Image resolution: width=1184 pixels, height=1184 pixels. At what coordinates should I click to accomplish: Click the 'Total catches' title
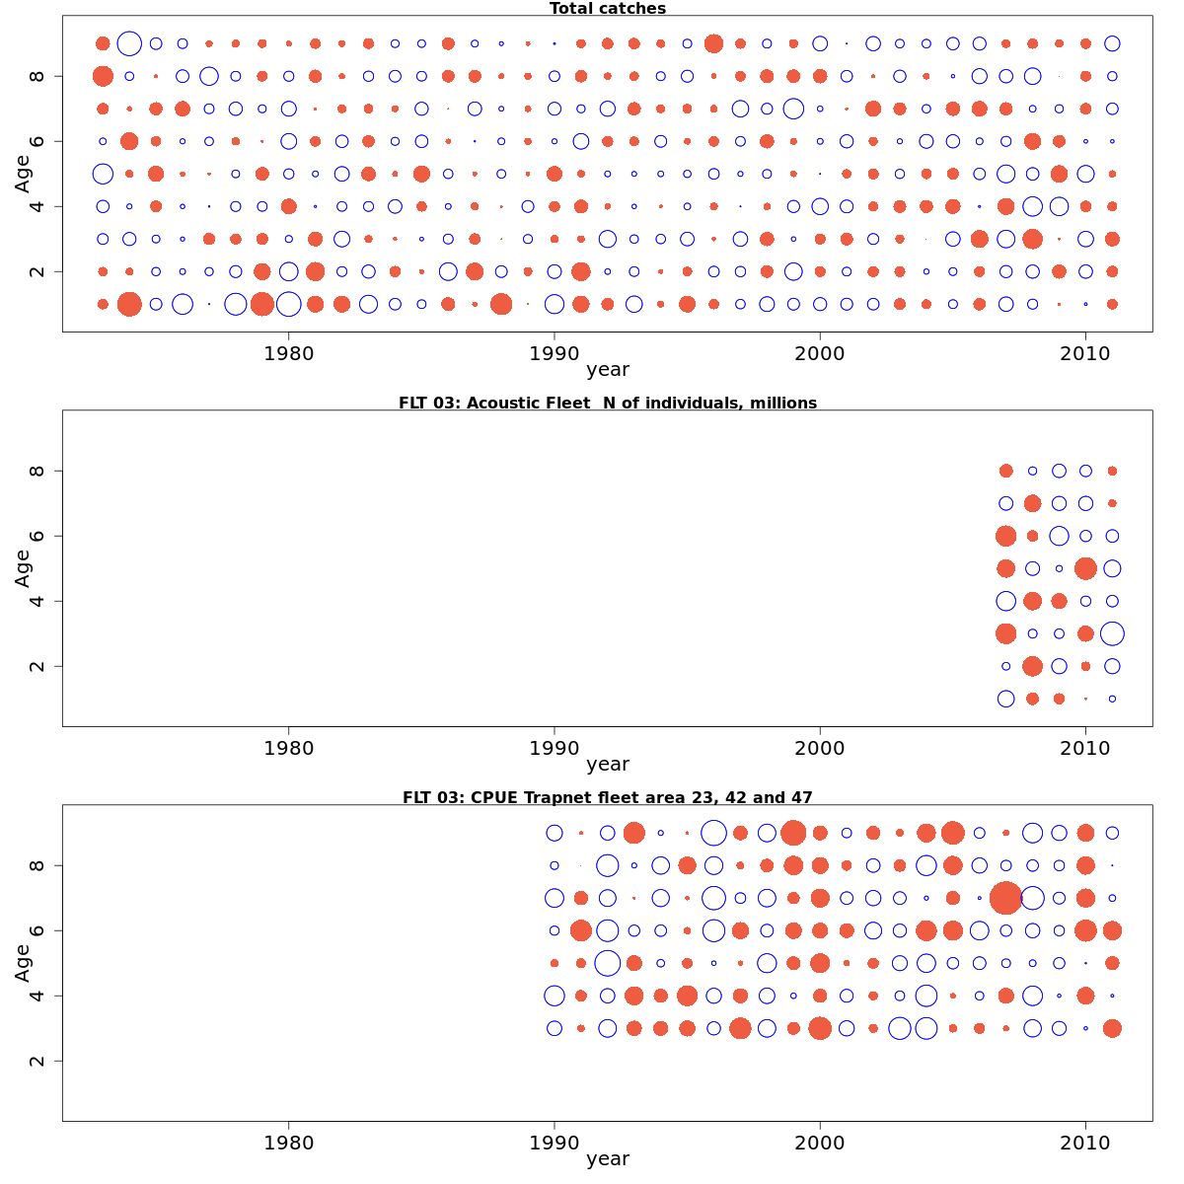(608, 9)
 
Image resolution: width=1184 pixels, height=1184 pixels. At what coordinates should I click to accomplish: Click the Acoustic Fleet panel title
(608, 403)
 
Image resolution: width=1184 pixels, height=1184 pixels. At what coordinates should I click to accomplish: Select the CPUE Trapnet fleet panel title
(608, 797)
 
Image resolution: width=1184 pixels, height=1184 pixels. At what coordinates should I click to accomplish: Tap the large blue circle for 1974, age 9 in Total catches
(129, 43)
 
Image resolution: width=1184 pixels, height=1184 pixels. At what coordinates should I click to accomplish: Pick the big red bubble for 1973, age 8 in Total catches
(103, 76)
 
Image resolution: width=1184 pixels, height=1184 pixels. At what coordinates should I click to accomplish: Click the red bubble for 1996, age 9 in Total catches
(714, 43)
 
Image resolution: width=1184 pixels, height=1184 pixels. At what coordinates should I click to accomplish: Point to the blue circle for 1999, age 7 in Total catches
(793, 109)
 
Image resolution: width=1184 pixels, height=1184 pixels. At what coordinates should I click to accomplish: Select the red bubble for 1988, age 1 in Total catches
(501, 304)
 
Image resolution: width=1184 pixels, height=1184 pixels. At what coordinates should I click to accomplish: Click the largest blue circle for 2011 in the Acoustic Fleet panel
(1112, 633)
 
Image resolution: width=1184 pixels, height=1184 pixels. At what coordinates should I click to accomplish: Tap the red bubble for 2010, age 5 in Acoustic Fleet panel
(1085, 568)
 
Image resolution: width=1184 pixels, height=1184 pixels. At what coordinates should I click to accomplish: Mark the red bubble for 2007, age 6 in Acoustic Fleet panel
(1005, 536)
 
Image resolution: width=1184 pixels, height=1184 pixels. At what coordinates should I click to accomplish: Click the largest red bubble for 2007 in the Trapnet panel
(1005, 898)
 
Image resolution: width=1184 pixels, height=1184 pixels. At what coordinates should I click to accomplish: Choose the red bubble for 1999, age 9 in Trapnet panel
(793, 833)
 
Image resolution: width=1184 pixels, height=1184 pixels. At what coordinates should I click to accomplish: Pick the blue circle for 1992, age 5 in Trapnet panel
(608, 963)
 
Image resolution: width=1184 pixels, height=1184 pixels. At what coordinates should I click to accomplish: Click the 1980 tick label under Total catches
(288, 353)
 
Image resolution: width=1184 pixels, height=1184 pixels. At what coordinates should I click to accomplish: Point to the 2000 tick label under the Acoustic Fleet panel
(820, 748)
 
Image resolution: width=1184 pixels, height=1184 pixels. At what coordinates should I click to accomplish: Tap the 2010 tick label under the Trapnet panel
(1085, 1143)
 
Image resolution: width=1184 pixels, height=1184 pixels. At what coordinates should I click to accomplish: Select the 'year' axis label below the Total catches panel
(608, 370)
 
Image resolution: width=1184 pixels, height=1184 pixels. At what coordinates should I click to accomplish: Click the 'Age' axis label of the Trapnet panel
(23, 962)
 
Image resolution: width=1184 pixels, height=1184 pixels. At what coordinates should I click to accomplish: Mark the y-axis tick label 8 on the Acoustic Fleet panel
(38, 471)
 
